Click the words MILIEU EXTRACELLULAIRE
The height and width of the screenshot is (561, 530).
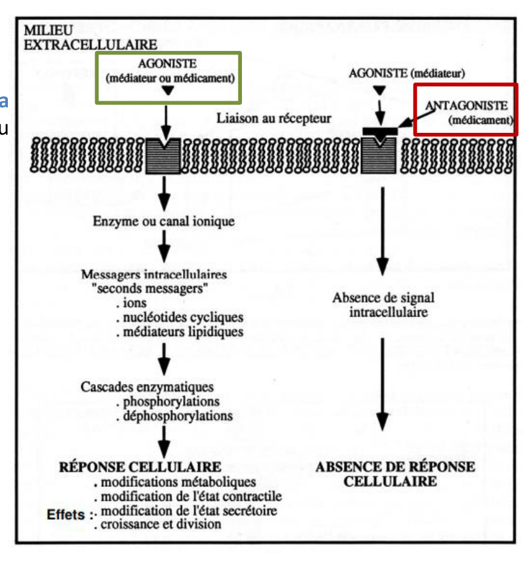90,38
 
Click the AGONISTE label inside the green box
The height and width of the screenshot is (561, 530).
167,64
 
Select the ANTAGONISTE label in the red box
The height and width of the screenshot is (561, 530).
466,106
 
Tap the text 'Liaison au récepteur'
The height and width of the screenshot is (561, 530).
274,118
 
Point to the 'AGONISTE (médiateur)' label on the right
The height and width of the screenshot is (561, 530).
407,73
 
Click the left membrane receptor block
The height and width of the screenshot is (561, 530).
164,156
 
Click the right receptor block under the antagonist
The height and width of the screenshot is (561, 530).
379,156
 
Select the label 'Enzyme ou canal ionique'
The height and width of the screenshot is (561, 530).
164,221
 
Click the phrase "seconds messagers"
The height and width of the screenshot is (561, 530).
150,288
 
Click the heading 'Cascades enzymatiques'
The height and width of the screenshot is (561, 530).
147,387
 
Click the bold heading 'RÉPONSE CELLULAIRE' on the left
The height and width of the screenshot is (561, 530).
140,467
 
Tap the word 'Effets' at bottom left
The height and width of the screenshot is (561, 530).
66,514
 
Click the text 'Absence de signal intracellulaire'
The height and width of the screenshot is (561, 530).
384,305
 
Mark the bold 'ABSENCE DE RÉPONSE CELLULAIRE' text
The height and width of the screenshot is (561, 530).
395,474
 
